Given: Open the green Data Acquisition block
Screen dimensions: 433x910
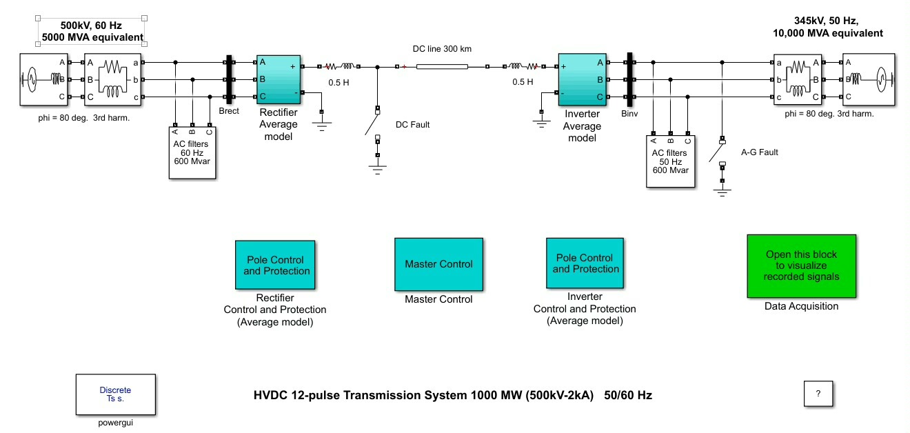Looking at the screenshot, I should (x=801, y=265).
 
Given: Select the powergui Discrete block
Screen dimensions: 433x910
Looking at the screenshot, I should (x=115, y=394).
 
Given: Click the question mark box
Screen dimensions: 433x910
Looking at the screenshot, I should (x=818, y=394).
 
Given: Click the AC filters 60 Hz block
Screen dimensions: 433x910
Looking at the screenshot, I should (x=193, y=153).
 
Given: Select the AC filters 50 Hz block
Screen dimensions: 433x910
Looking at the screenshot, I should (x=671, y=160).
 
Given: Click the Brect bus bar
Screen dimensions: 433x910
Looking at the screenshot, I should (x=227, y=80).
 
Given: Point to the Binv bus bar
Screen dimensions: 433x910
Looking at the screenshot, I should (x=629, y=79).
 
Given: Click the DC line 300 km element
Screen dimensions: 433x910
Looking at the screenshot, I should (x=442, y=67).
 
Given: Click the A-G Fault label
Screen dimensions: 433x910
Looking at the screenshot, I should (x=759, y=152).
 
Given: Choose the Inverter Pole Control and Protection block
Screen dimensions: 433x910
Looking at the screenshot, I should (x=585, y=263).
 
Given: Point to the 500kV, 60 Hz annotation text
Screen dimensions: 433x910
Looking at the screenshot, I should (x=91, y=30).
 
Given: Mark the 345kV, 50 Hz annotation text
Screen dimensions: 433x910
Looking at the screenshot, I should (x=827, y=27).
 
